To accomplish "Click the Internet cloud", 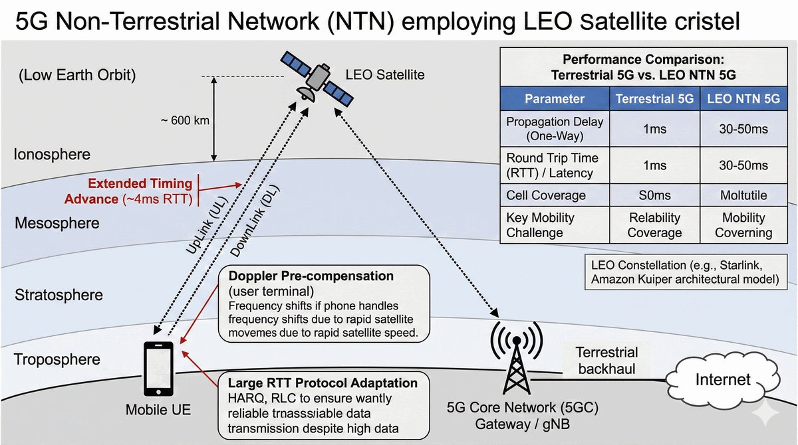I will (x=722, y=381).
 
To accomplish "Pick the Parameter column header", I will (x=554, y=99).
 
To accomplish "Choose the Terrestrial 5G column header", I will (x=655, y=99).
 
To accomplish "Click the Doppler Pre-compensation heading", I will (x=311, y=276).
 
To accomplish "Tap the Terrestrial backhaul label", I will (x=606, y=361).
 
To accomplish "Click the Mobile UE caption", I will (x=158, y=410).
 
